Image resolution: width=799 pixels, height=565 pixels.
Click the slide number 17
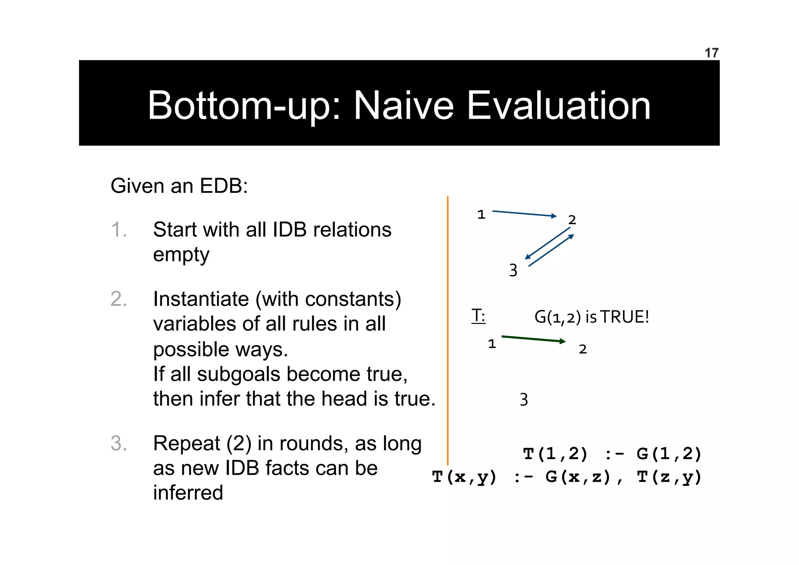click(711, 53)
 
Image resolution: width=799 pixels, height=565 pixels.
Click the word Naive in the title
click(403, 105)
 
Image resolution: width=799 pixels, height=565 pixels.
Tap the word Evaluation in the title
click(558, 105)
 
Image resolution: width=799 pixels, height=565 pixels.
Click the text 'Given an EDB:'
click(179, 186)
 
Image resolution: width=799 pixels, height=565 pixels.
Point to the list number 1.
click(118, 230)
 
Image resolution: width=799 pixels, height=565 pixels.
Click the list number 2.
click(119, 299)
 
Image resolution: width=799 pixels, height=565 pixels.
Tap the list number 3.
click(119, 444)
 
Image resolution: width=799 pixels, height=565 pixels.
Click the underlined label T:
click(478, 315)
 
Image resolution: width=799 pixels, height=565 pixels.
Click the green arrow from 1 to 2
click(533, 339)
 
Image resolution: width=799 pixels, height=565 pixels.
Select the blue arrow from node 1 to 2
click(524, 214)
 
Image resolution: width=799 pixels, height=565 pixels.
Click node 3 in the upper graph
click(513, 270)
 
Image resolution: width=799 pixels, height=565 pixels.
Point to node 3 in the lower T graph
click(524, 399)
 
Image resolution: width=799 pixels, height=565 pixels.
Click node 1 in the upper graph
click(481, 214)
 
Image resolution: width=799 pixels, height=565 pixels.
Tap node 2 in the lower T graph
click(582, 349)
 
